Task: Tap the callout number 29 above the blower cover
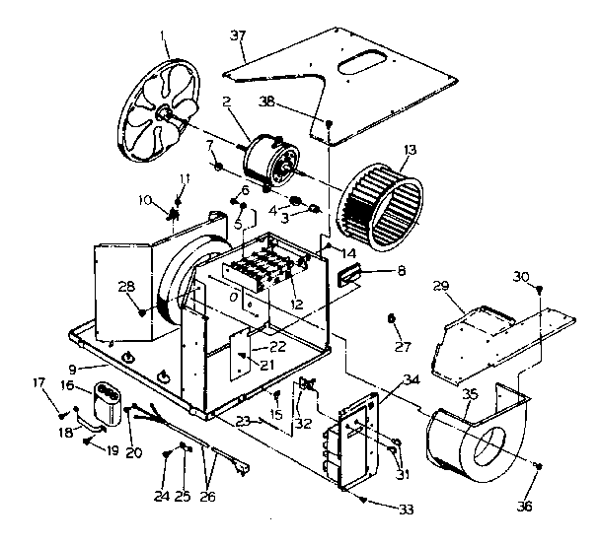[x=441, y=286]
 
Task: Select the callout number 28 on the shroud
[x=124, y=286]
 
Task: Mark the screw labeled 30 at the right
[x=539, y=289]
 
